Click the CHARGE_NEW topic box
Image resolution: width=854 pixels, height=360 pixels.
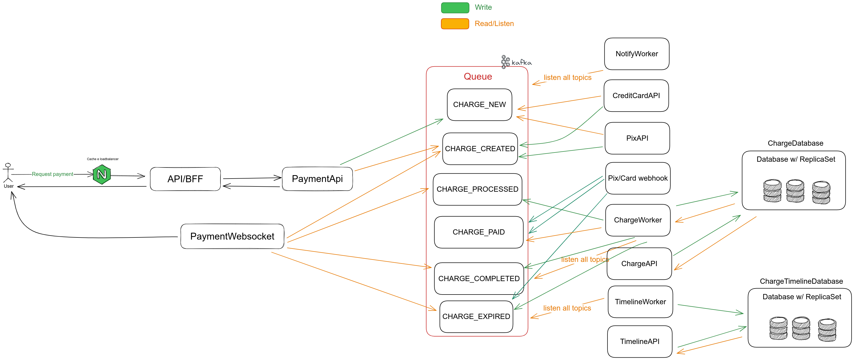[479, 105]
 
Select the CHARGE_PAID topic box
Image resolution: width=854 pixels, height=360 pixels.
[478, 232]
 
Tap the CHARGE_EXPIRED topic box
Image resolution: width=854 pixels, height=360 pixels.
[476, 317]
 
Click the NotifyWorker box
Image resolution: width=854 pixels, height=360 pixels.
[636, 54]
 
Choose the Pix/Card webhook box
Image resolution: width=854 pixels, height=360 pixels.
[637, 178]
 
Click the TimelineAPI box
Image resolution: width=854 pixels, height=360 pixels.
[640, 341]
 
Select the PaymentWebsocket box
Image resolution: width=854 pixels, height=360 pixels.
[232, 236]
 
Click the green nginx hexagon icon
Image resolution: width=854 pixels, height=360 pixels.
[102, 174]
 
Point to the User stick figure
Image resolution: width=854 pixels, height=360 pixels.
[8, 173]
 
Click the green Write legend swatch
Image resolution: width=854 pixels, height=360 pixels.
[455, 8]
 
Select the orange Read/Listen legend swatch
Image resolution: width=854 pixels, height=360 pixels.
[455, 24]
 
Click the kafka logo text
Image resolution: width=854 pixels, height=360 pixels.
[521, 62]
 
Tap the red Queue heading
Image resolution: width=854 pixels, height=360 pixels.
[478, 77]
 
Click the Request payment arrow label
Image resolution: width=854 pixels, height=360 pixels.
[52, 174]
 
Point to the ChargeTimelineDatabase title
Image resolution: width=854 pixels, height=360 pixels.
[801, 281]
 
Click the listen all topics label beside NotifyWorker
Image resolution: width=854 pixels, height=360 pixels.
[567, 78]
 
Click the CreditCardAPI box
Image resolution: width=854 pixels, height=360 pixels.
[636, 96]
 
